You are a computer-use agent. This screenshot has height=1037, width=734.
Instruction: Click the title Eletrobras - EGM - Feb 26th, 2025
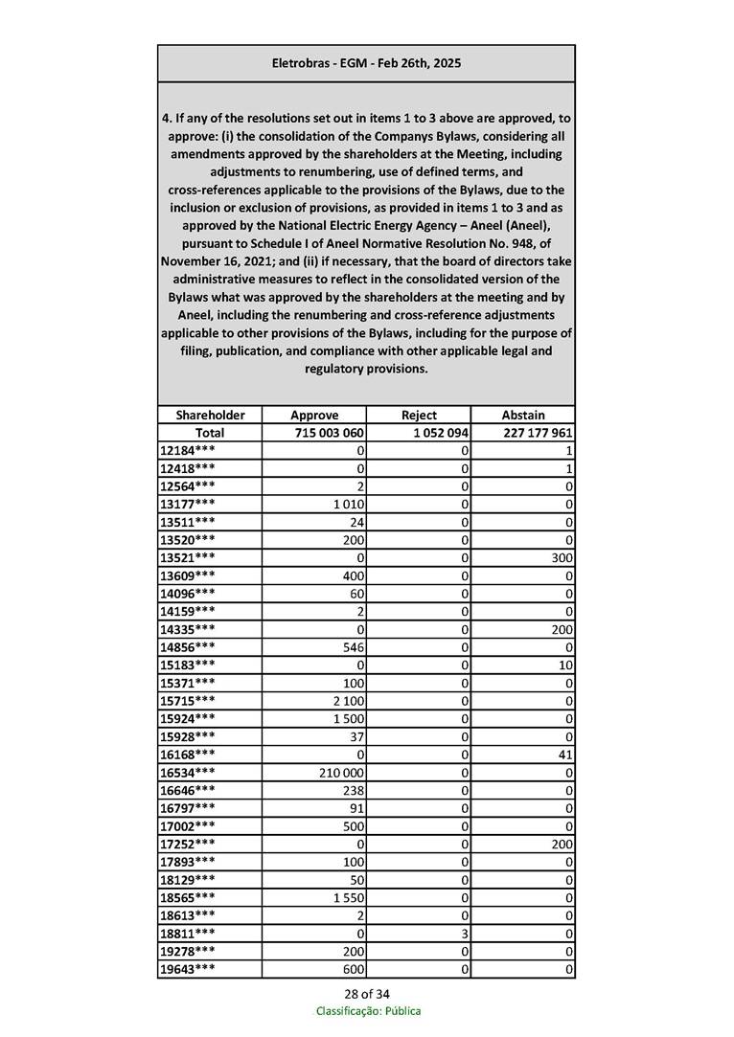point(366,63)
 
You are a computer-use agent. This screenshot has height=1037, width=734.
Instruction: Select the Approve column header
point(313,415)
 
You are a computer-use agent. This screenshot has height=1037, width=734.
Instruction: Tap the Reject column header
point(419,415)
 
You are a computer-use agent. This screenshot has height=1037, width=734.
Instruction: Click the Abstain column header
point(523,415)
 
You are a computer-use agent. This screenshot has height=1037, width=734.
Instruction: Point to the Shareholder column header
point(210,415)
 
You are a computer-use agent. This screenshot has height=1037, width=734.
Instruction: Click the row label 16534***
point(188,771)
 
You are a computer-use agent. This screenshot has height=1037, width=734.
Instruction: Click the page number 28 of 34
point(367,993)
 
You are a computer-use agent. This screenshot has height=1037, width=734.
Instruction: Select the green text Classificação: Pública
point(368,1011)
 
